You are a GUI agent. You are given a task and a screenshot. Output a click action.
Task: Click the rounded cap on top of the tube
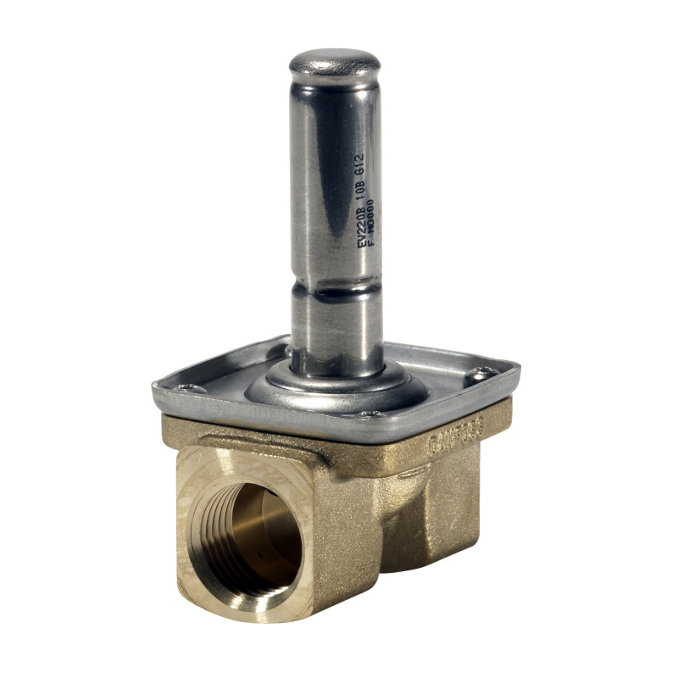point(334,64)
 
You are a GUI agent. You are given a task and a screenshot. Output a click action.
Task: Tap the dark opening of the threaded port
point(254,534)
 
